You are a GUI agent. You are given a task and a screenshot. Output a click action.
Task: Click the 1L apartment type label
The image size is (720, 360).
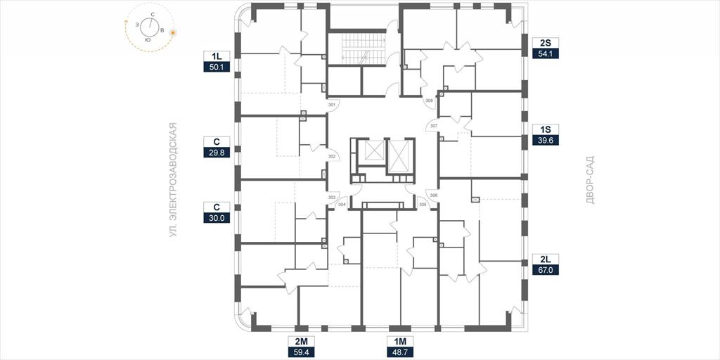point(217,56)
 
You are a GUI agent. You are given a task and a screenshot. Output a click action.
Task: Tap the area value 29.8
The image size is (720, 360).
point(217,152)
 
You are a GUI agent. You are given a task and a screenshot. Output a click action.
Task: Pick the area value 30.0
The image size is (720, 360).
point(217,218)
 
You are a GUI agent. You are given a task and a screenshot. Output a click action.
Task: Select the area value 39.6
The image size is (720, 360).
point(546,140)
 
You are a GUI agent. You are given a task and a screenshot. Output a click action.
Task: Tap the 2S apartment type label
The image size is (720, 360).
point(546,44)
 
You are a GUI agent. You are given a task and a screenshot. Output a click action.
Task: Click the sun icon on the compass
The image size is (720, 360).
point(173,32)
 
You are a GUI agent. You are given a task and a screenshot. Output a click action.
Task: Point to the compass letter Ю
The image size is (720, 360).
point(148,40)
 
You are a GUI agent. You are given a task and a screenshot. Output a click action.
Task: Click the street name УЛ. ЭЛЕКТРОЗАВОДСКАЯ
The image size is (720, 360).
point(173,180)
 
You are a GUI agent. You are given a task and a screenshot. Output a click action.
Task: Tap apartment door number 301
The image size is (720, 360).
point(332,105)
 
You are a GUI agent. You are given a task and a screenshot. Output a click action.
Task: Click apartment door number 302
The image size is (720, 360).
point(332,157)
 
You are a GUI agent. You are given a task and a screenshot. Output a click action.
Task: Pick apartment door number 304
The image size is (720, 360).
point(342,205)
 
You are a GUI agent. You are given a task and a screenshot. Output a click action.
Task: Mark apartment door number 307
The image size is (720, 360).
point(434,125)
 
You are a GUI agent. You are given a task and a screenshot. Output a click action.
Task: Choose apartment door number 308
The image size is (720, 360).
point(429,100)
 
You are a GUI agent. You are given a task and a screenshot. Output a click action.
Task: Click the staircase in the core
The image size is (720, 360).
point(363,50)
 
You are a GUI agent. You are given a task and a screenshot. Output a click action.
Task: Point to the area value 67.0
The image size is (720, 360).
point(546,269)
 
